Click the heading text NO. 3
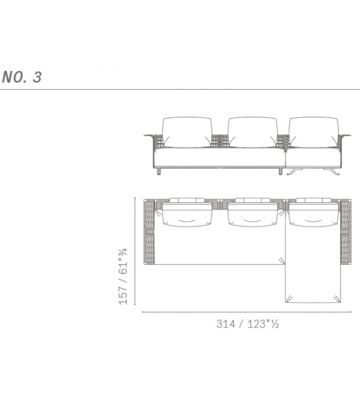click(21, 78)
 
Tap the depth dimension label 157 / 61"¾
click(124, 276)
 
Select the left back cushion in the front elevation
click(187, 132)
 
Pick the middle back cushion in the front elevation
click(252, 132)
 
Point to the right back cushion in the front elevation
click(312, 132)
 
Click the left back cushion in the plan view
click(187, 214)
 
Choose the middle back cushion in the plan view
click(252, 214)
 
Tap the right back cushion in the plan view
click(312, 214)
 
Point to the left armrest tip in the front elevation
click(147, 136)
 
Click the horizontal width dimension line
click(244, 312)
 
